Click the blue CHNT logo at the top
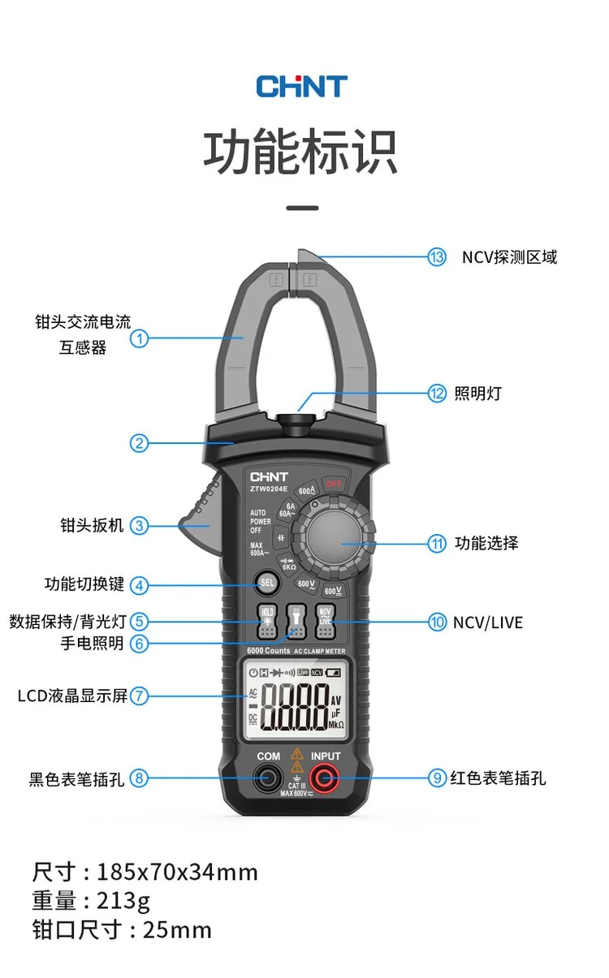pos(301,86)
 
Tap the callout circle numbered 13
pos(437,257)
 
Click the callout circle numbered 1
pos(140,338)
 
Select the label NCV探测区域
pos(509,257)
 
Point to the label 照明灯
pos(477,394)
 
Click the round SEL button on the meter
pos(267,583)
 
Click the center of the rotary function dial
pos(334,542)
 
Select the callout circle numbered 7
pos(140,696)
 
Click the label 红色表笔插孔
pos(498,778)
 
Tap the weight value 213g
pos(123,900)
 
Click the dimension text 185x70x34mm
pos(177,872)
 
